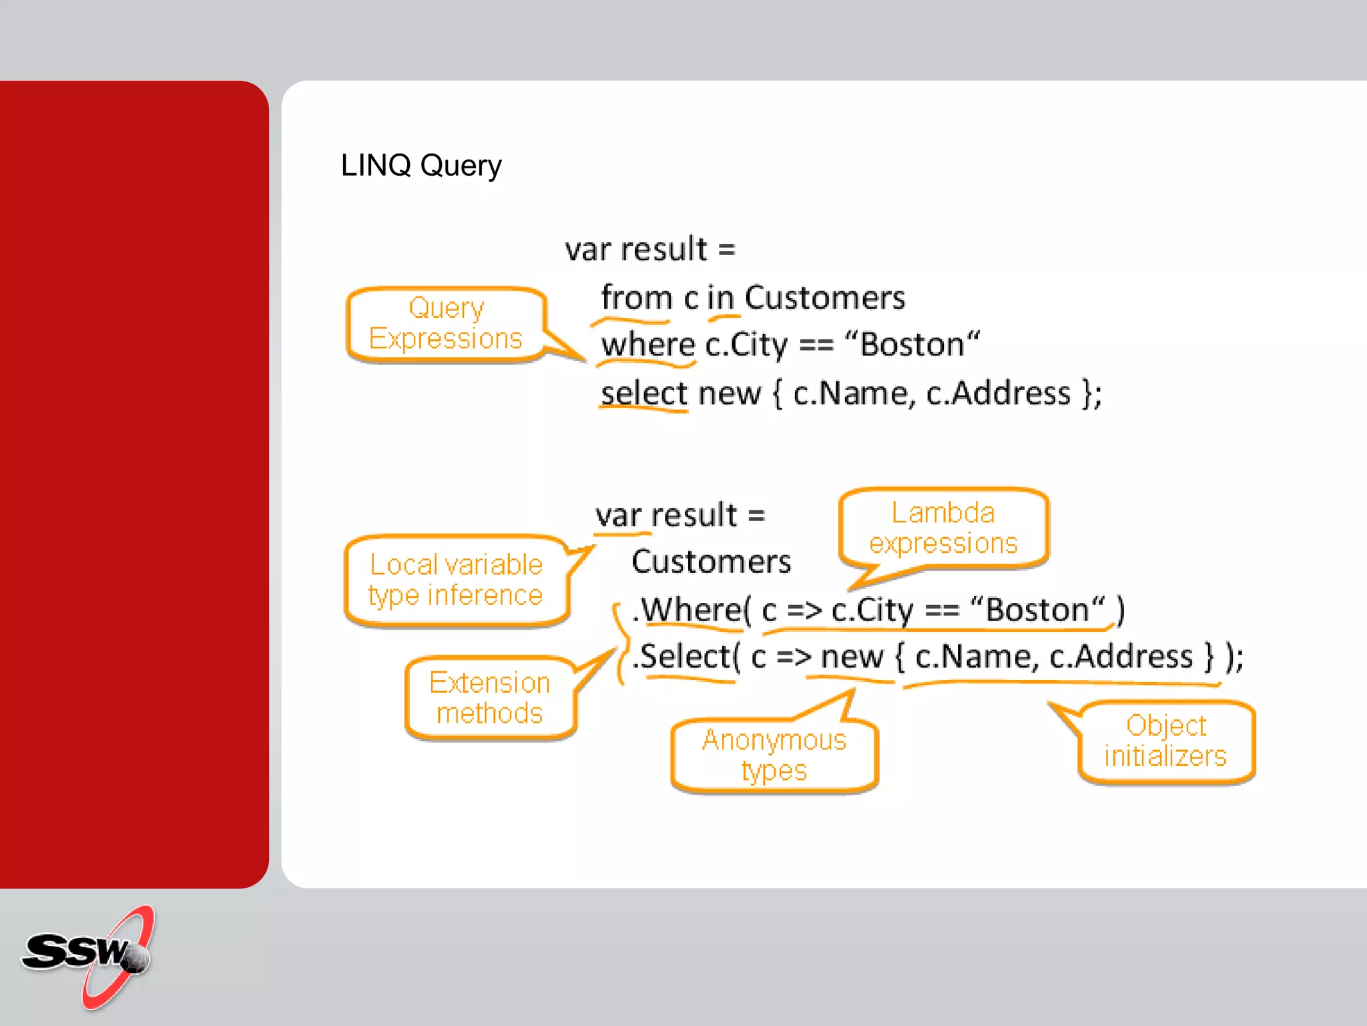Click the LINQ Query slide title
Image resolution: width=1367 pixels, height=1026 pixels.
(421, 165)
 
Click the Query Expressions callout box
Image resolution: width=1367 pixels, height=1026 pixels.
(445, 324)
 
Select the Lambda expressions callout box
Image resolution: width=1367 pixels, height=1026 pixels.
(942, 528)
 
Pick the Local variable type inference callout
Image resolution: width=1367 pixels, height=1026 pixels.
(456, 580)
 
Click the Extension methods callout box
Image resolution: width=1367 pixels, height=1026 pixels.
(489, 698)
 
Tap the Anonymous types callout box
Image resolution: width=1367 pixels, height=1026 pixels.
(774, 755)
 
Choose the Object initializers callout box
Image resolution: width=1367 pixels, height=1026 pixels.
(1165, 741)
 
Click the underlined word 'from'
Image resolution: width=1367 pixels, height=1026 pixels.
(635, 298)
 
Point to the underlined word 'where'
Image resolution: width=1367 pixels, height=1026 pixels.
(647, 345)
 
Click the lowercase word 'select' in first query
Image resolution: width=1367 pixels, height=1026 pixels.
(643, 393)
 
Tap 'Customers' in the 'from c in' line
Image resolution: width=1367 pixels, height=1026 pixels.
(824, 298)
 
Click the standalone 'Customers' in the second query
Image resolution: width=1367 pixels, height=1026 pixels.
(711, 562)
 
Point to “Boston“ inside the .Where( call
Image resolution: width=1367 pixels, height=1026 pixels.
(1037, 610)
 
